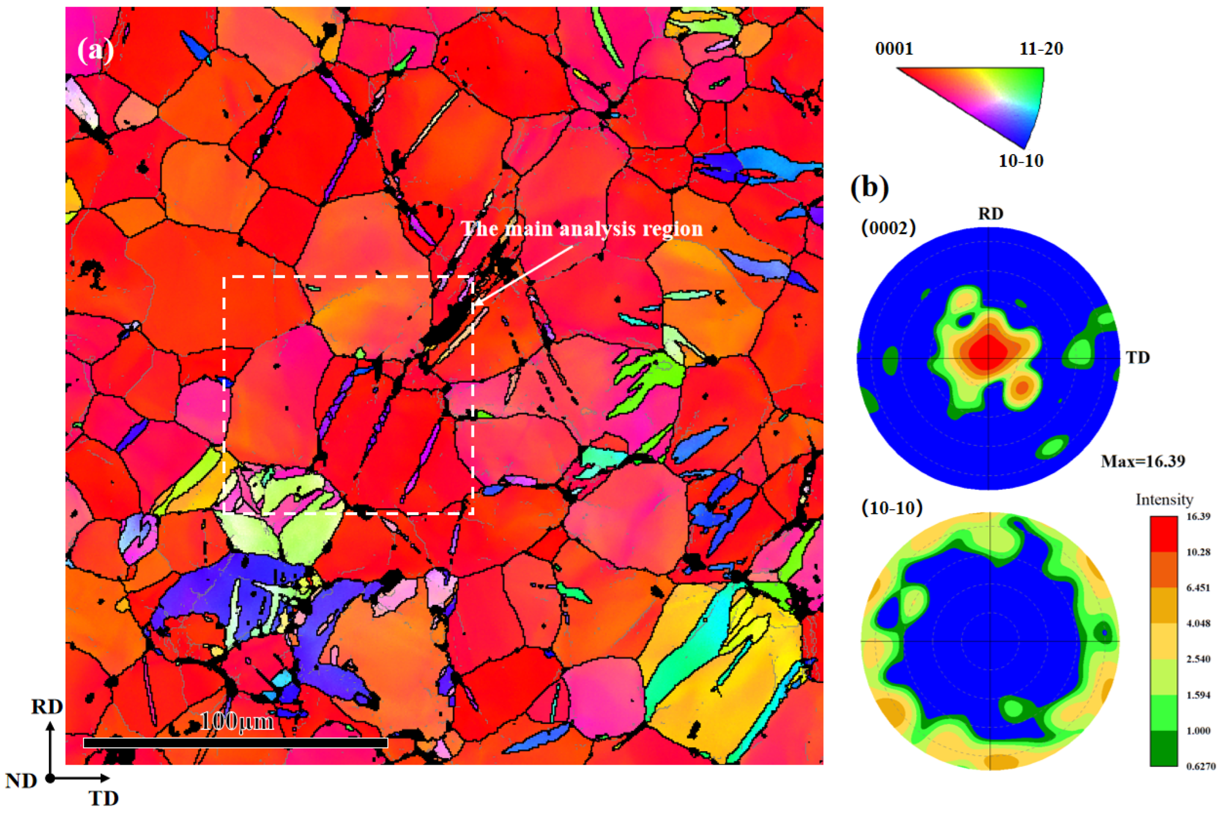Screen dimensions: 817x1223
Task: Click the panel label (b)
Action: coord(869,188)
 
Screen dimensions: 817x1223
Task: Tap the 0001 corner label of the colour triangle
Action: coord(894,49)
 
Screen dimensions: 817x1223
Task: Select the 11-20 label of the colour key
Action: coord(1041,49)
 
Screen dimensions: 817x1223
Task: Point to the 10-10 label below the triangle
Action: coord(1020,161)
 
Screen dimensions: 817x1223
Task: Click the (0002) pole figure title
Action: coord(888,228)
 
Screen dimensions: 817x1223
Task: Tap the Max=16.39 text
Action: coord(1143,461)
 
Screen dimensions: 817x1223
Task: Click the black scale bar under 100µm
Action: coord(235,743)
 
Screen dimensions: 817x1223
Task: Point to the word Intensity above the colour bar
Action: coord(1164,500)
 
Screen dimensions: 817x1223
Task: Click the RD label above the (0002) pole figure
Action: coord(990,214)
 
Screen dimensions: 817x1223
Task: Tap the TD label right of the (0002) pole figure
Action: coord(1138,357)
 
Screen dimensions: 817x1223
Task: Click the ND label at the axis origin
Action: coord(21,781)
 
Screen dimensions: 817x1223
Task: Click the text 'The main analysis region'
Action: coord(582,229)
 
